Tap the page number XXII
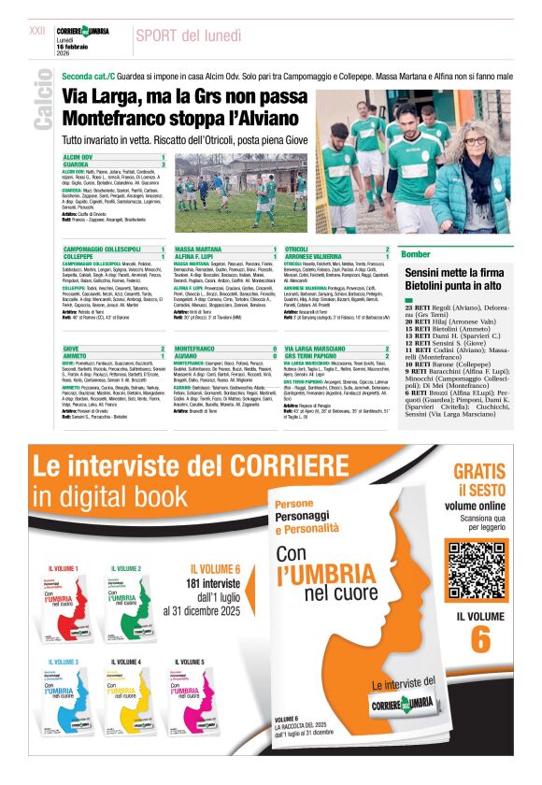[x=37, y=31]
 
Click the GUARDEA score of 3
[x=164, y=164]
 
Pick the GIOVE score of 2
[x=164, y=348]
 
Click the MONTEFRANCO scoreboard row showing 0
[x=224, y=348]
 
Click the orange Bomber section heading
[x=415, y=254]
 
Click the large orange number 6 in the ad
[x=479, y=638]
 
